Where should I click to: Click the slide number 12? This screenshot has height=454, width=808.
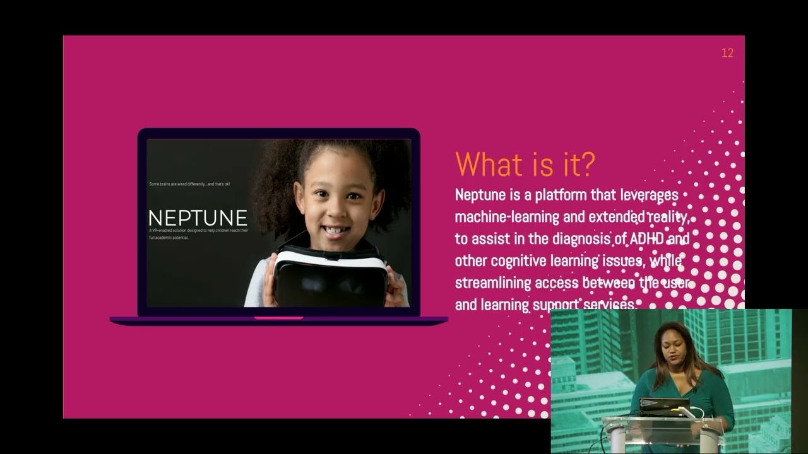coord(727,54)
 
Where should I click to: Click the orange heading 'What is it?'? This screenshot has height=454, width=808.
coord(525,164)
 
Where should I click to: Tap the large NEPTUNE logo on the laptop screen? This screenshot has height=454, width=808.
coord(198,218)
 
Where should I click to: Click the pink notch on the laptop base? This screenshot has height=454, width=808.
coord(278,318)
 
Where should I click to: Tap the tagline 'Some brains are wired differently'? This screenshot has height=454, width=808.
coord(189,183)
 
